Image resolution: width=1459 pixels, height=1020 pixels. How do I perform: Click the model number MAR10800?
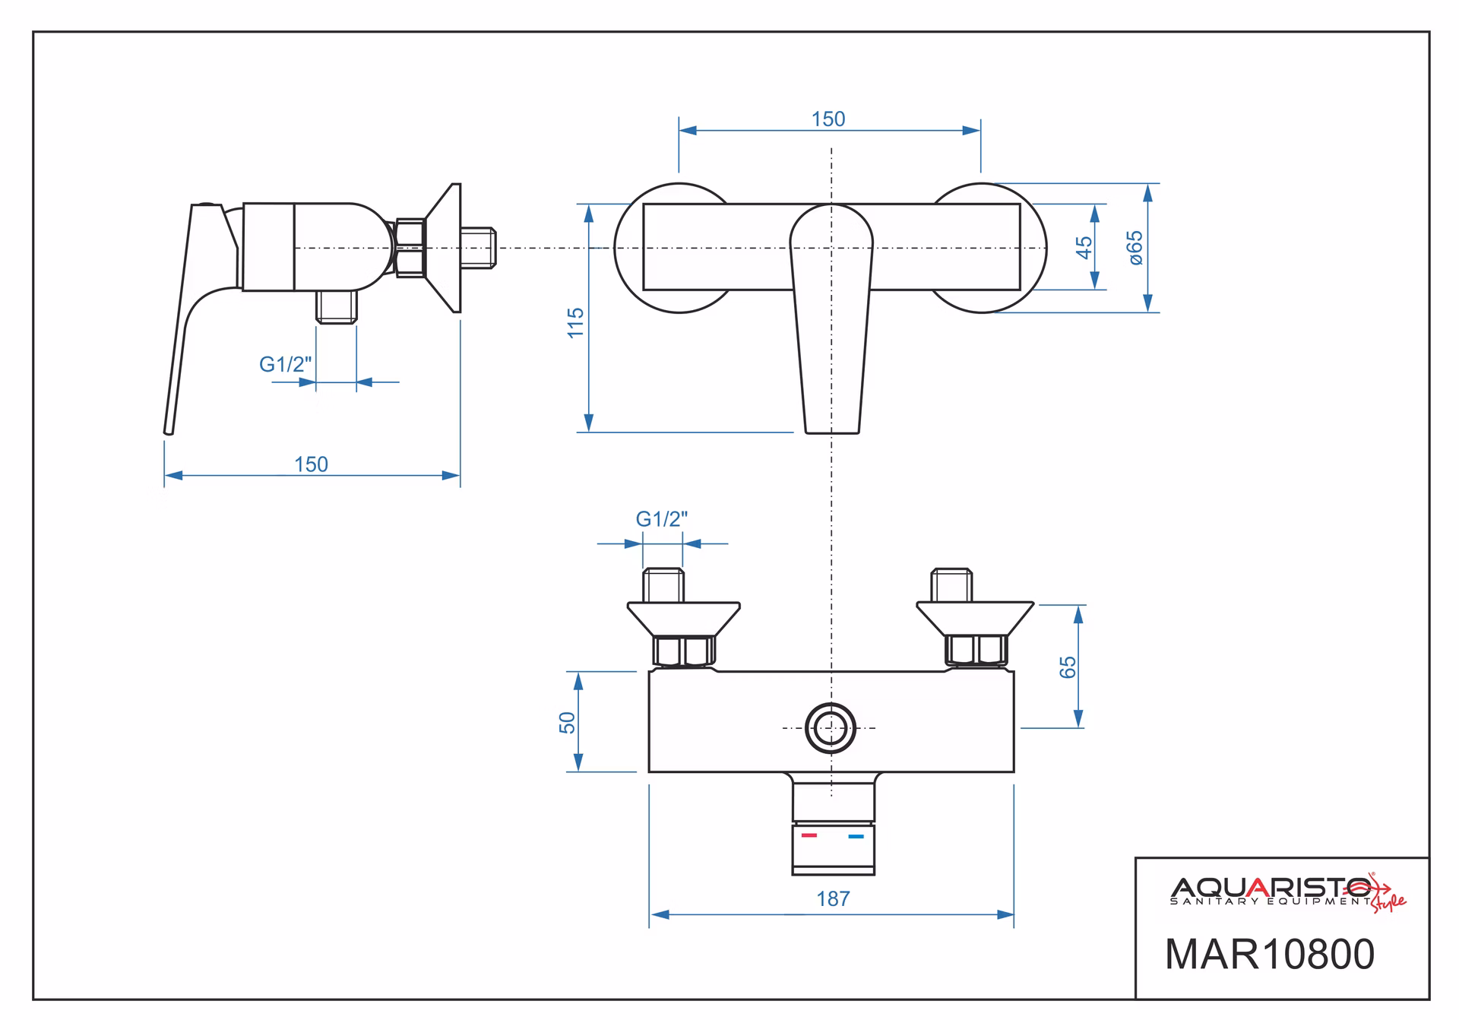coord(1270,954)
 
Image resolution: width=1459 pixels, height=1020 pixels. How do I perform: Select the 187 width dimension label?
coord(833,899)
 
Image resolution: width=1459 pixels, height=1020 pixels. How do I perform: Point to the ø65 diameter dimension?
coord(1135,248)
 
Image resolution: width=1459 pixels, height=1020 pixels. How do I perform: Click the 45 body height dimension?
coord(1084,247)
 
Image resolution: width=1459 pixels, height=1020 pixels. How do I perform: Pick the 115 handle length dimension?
coord(575,323)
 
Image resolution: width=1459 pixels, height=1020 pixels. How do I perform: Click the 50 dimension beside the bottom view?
coord(567,722)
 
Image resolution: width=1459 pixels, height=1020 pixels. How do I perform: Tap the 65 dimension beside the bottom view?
coord(1068,667)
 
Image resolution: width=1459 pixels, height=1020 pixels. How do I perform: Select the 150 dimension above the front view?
coord(828,119)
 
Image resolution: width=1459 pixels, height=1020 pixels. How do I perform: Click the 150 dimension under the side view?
coord(312,464)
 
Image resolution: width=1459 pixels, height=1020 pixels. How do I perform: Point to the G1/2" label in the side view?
coord(286,365)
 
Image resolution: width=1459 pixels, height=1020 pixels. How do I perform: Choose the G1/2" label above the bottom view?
coord(662,519)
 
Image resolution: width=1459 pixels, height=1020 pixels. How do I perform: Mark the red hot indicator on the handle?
coord(809,835)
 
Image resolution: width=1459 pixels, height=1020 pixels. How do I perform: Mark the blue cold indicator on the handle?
coord(856,837)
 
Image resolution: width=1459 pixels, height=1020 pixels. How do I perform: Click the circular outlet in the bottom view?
coord(831,727)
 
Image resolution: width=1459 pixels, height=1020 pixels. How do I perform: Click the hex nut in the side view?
coord(410,247)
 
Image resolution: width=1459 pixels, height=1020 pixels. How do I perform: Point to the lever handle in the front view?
coord(831,319)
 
